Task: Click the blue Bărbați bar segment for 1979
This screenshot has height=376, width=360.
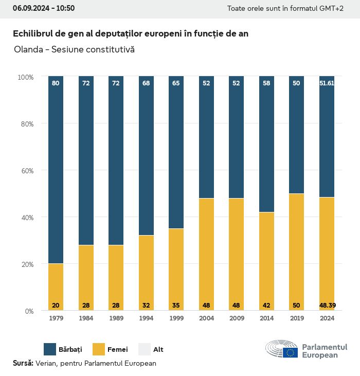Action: click(56, 170)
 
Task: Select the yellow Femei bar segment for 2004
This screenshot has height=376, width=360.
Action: click(206, 254)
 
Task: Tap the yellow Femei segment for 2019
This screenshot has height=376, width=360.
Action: click(296, 252)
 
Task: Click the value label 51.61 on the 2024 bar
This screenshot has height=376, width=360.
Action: click(327, 83)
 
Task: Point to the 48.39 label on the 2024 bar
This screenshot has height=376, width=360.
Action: click(327, 306)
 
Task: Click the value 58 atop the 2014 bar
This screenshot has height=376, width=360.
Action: click(266, 83)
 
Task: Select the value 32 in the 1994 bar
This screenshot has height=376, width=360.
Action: click(146, 306)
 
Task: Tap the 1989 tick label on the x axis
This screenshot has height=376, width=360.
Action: click(116, 318)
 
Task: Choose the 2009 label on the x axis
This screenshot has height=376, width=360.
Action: click(236, 318)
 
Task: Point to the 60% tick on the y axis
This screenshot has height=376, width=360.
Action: click(26, 170)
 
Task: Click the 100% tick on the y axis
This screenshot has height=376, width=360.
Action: click(25, 77)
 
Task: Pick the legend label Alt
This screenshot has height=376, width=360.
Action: click(158, 350)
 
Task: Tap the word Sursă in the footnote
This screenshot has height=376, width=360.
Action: click(23, 363)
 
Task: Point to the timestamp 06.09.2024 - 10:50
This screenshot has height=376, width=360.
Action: click(44, 8)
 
